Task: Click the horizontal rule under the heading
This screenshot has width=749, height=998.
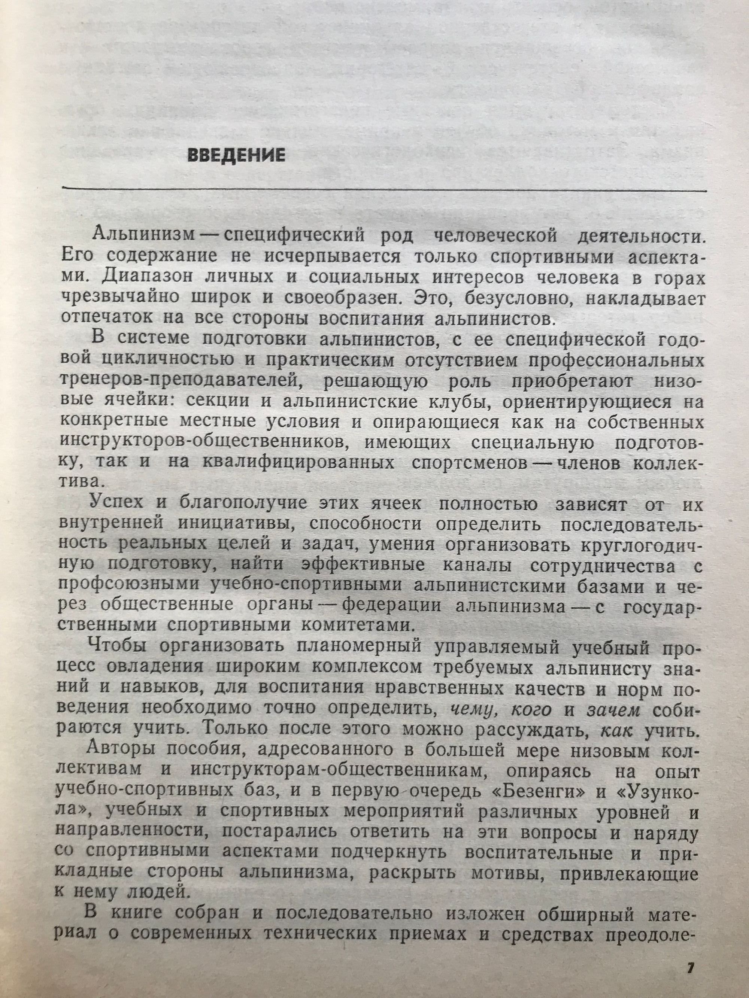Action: pos(384,189)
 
